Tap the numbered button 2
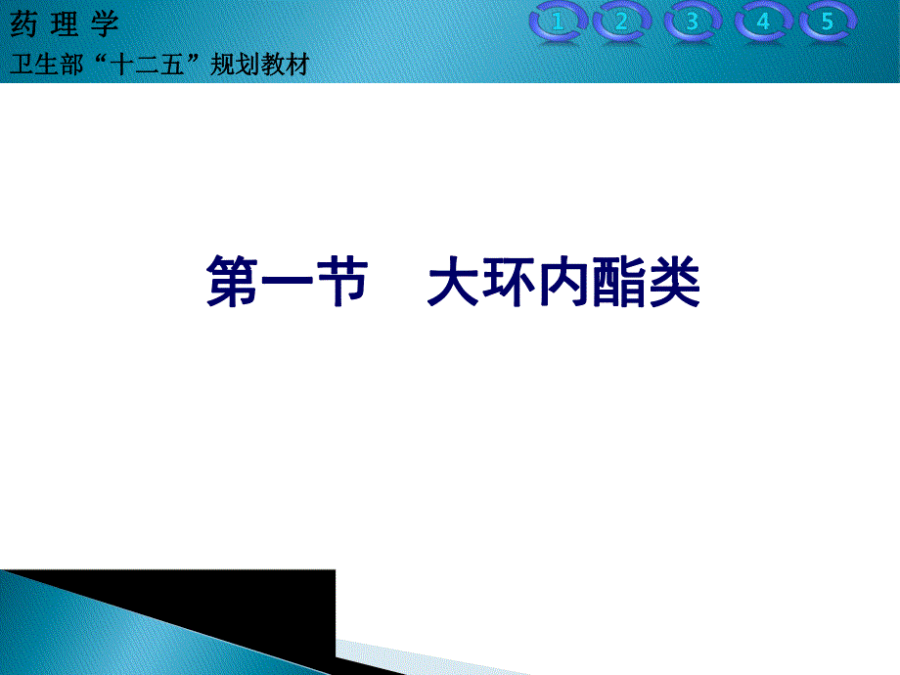coord(622,22)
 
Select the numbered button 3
coord(693,22)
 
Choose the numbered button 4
coord(763,22)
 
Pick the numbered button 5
coord(828,22)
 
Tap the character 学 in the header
coord(103,24)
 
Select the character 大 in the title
coord(455,283)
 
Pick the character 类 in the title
coord(674,283)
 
